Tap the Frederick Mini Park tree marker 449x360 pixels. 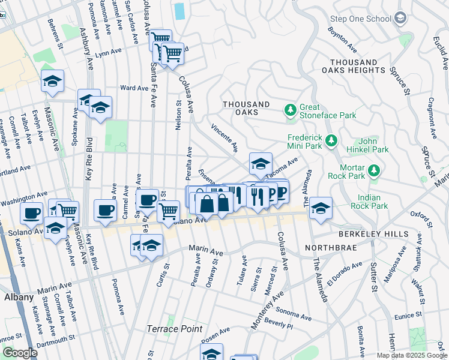(331, 141)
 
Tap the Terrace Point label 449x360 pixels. (173, 329)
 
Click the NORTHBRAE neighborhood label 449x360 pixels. (327, 248)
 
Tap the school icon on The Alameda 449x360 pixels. (321, 208)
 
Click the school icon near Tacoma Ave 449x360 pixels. (261, 163)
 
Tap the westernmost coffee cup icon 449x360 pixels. (31, 212)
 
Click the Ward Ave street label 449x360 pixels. (134, 88)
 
